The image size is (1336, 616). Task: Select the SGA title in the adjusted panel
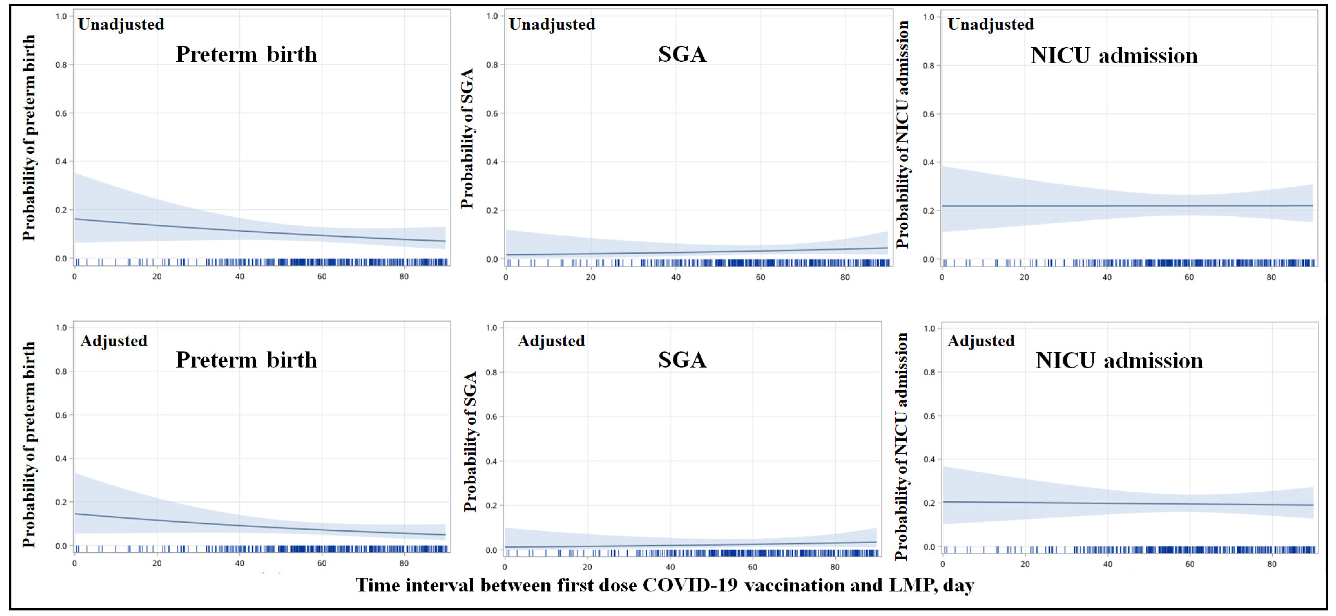[x=682, y=360]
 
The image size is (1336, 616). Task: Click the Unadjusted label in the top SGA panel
[x=552, y=24]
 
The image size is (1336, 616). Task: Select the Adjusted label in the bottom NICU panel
[x=981, y=341]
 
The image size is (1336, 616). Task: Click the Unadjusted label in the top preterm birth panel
[x=121, y=24]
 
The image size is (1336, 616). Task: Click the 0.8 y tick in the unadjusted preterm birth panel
[x=61, y=65]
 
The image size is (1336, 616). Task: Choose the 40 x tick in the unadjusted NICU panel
[x=1107, y=277]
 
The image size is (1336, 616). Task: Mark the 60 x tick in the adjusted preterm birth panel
[x=322, y=564]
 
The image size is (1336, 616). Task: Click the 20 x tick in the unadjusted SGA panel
[x=591, y=277]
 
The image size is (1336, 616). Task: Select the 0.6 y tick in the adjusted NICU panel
[x=929, y=416]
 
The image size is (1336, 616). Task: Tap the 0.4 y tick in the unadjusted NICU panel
[x=928, y=162]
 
